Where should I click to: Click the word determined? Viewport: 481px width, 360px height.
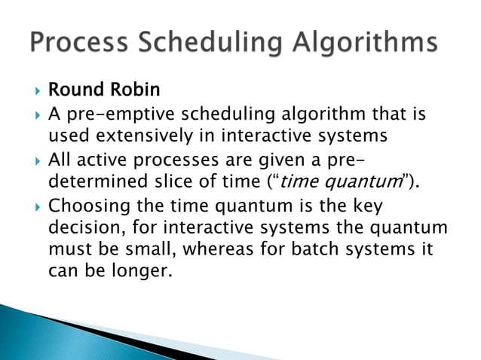click(94, 182)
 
